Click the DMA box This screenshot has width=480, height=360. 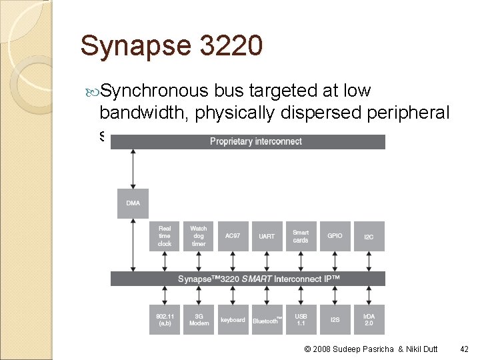coord(133,203)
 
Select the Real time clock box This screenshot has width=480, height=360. coord(165,236)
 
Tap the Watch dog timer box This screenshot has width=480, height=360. coord(199,236)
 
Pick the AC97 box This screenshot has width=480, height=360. coord(233,236)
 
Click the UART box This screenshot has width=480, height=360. coord(267,236)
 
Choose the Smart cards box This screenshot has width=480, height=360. coord(301,236)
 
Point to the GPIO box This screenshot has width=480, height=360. coord(335,236)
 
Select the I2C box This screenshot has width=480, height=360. coord(369,236)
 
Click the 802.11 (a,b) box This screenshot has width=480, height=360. coord(165,319)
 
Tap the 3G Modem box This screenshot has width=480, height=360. coord(199,319)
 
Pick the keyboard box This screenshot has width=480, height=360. coord(233,319)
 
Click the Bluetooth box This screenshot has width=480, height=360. coord(267,320)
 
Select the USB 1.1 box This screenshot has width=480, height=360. coord(301,319)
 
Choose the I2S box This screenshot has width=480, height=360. coord(335,319)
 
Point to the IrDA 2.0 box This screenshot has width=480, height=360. coord(369,319)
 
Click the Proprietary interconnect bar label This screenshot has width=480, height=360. coord(255,141)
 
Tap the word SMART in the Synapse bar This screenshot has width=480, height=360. coord(255,279)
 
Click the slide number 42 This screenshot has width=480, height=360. coord(465,348)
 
